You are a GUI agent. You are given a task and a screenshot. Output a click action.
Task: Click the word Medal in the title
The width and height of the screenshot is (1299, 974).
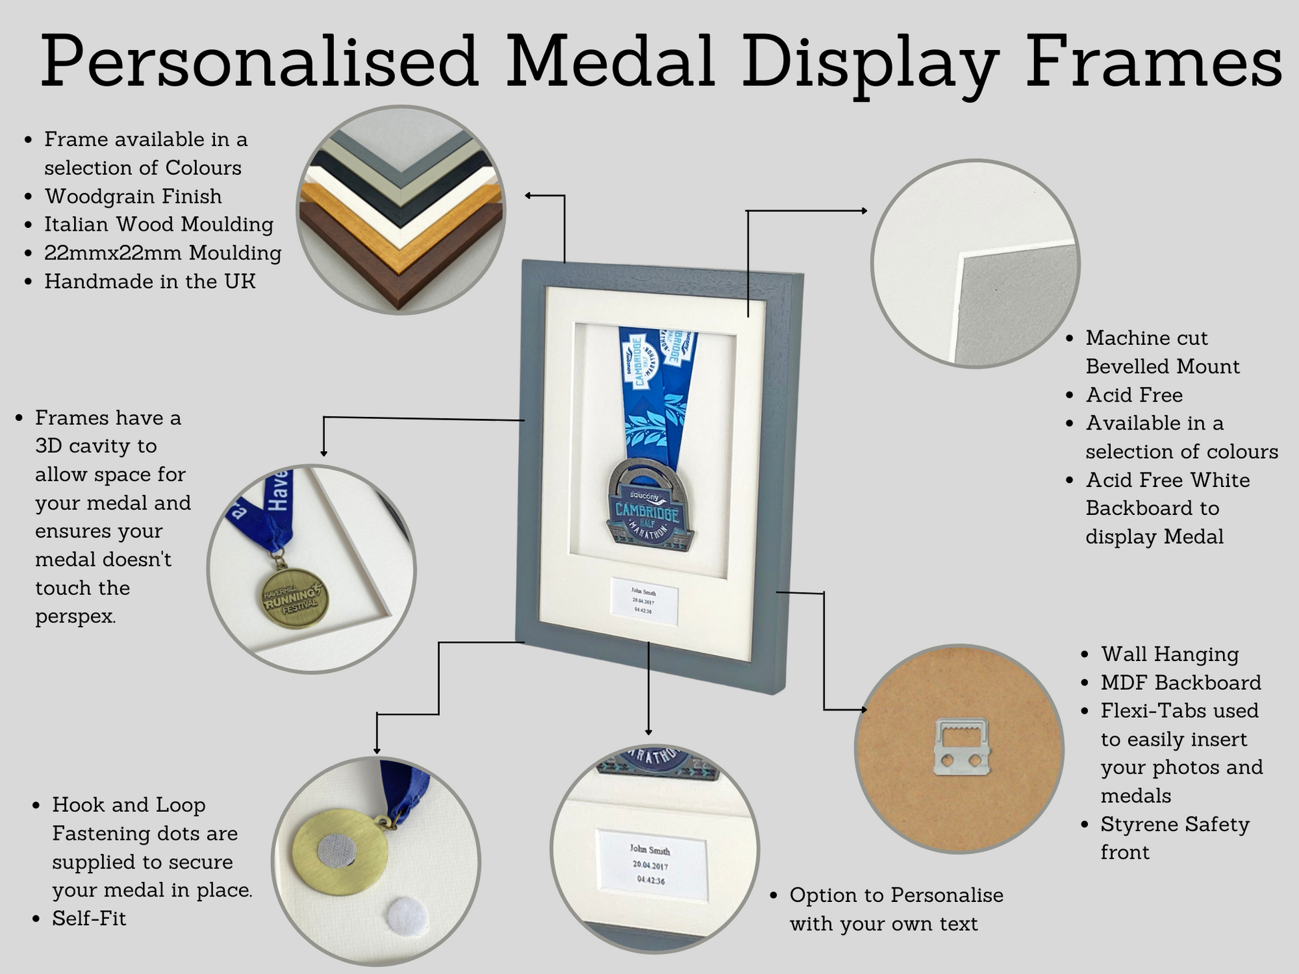610,61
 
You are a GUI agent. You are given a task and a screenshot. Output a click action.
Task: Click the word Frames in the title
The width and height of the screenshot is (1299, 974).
1153,61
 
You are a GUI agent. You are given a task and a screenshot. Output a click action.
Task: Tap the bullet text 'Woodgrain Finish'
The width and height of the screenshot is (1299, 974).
133,196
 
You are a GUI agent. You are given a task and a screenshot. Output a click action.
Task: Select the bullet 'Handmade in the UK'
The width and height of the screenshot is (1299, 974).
150,281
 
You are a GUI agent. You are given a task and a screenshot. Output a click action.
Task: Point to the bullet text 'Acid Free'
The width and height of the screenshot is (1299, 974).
1134,395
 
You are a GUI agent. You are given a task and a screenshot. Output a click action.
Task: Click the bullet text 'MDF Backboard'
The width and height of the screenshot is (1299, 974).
1181,682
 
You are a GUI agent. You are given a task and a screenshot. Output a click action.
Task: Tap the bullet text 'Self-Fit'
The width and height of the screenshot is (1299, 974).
89,918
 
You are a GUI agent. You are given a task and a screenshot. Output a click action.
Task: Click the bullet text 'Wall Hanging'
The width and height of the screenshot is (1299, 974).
1170,654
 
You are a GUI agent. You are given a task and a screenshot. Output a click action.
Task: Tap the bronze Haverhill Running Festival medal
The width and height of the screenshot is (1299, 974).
294,598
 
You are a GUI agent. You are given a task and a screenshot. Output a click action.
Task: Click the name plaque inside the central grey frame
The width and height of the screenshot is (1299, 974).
644,600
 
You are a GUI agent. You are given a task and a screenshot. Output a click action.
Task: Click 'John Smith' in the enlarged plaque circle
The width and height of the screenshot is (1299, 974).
649,850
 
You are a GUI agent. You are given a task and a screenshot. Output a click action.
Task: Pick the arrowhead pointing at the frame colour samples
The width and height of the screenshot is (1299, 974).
528,195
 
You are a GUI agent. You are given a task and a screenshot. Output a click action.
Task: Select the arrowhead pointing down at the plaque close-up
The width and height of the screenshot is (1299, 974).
648,732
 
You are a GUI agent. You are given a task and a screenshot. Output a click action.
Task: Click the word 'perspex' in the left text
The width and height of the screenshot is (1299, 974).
75,617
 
